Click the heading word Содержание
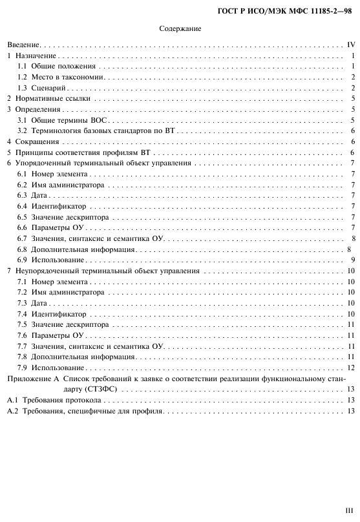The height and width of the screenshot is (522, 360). (180, 28)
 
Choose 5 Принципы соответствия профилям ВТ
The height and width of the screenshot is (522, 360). (78, 152)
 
